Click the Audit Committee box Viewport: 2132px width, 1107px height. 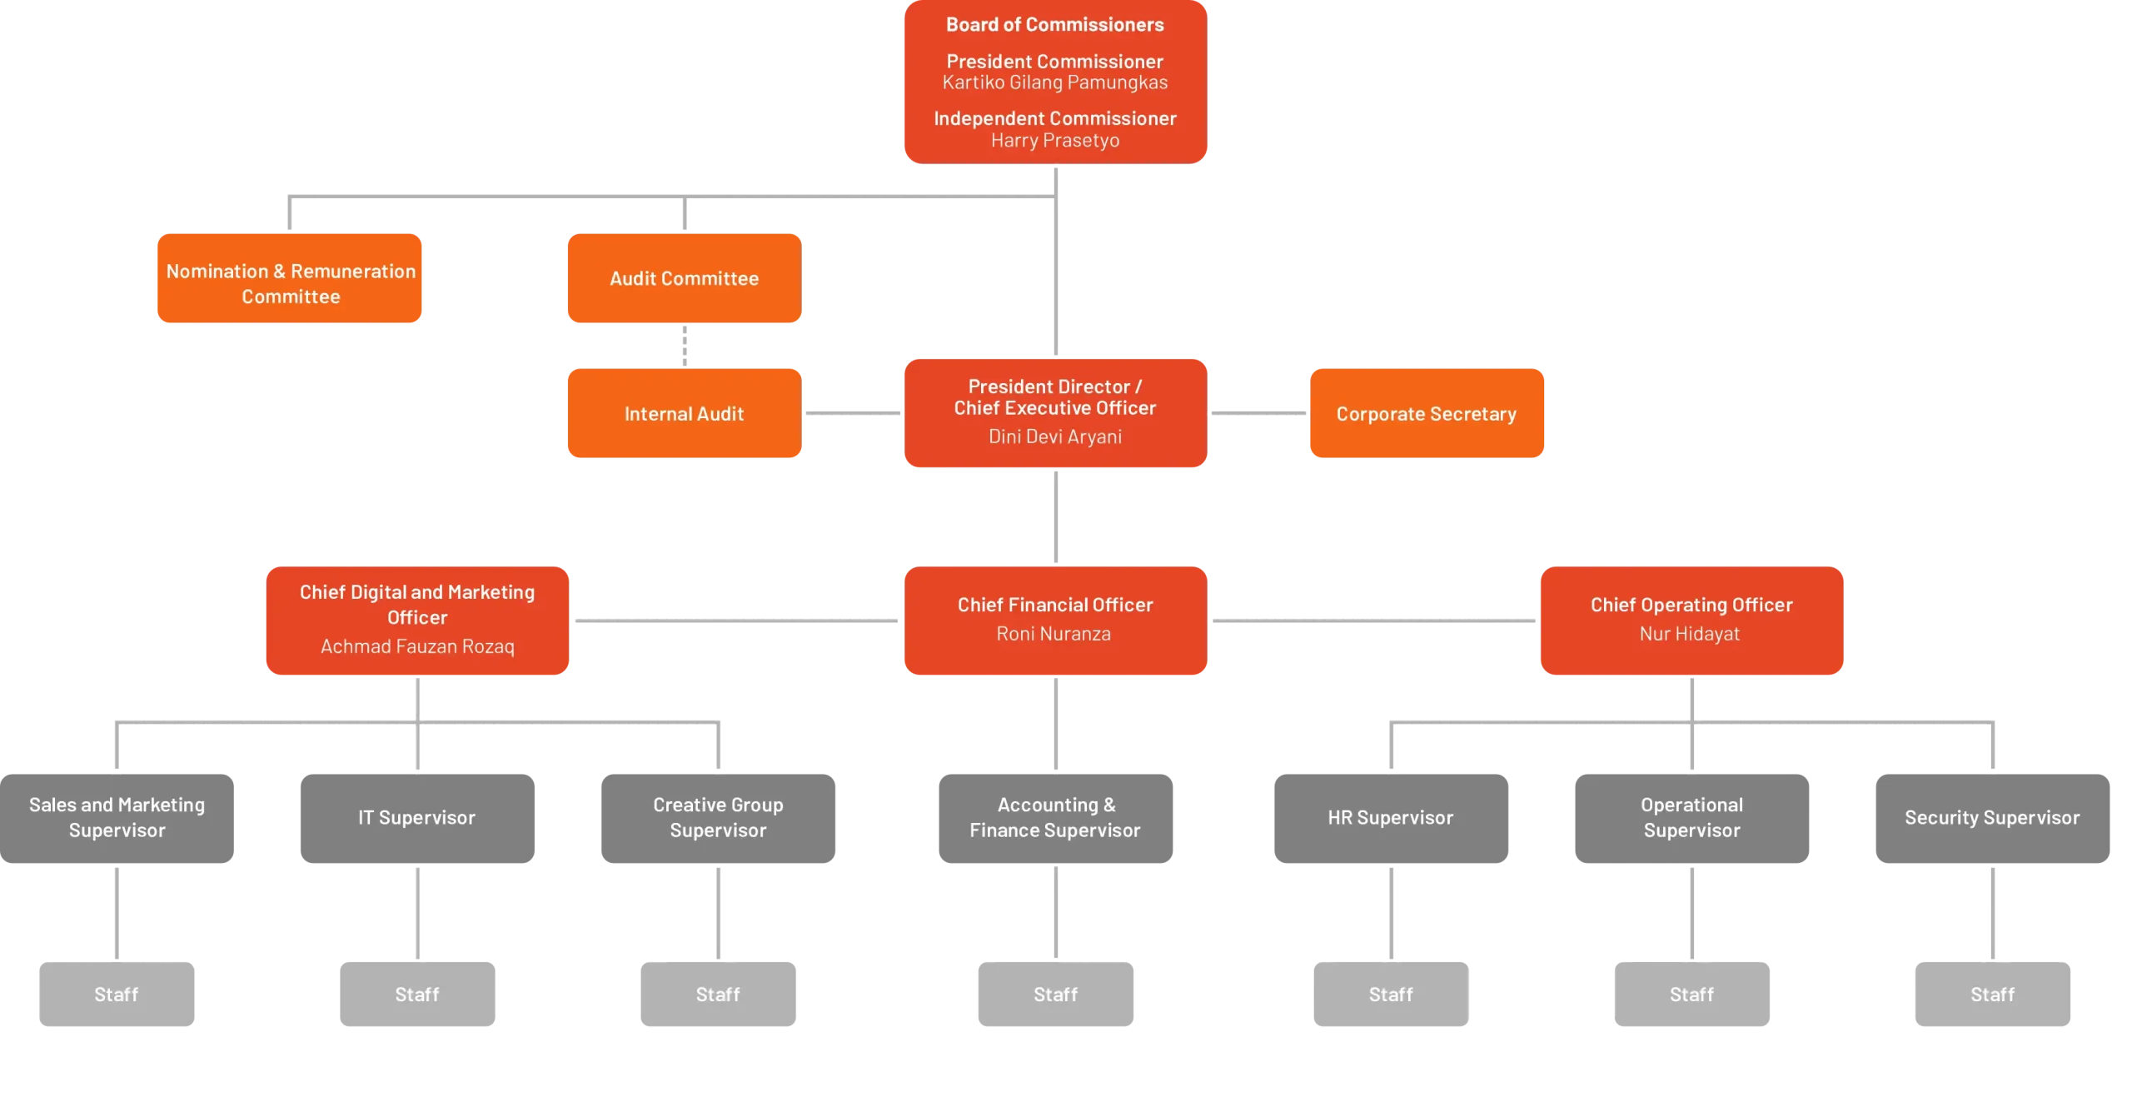(x=685, y=279)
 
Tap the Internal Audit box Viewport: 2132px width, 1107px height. (x=685, y=414)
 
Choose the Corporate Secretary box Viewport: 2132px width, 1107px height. (x=1426, y=414)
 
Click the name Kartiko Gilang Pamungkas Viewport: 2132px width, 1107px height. (x=1054, y=82)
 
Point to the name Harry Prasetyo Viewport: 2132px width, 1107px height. (x=1054, y=141)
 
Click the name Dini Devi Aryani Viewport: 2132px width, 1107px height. (x=1054, y=436)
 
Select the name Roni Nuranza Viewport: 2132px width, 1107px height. (x=1054, y=634)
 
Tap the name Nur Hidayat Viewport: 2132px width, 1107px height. (x=1690, y=634)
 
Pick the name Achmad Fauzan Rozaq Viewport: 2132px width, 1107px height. (x=417, y=646)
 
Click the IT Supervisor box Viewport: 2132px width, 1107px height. (x=418, y=818)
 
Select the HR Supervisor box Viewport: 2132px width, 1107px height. (x=1391, y=818)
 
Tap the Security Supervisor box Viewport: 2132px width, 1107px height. (x=1991, y=818)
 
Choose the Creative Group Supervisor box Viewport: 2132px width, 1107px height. (x=719, y=818)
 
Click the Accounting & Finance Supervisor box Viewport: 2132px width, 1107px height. (x=1054, y=818)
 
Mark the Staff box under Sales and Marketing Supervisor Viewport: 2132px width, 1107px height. (x=117, y=995)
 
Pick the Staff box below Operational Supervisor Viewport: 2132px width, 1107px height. (x=1691, y=995)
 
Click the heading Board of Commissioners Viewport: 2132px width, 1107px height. (x=1054, y=25)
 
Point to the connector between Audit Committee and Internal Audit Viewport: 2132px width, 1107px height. (x=686, y=346)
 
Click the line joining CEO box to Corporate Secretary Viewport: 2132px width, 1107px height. (x=1258, y=413)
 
